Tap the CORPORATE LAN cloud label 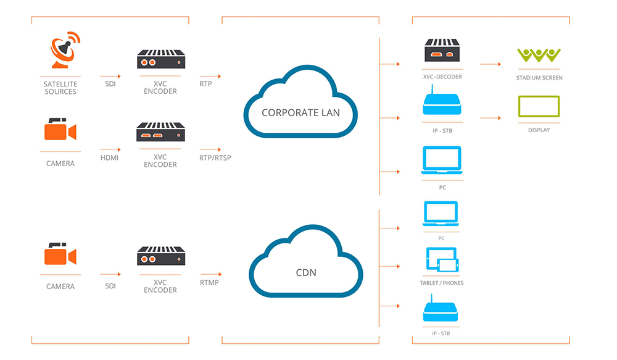click(300, 112)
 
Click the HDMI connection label click(109, 157)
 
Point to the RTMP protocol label click(209, 283)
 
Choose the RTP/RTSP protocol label click(215, 157)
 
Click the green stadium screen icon click(539, 55)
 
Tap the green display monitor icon click(539, 107)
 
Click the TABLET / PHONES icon click(442, 260)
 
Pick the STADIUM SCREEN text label click(539, 78)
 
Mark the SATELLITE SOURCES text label click(60, 88)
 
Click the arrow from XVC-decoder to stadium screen click(490, 64)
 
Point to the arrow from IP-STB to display click(490, 117)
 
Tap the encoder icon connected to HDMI click(160, 132)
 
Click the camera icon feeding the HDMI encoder click(60, 130)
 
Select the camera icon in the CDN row click(60, 254)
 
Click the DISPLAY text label click(539, 130)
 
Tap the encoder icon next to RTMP click(160, 256)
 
